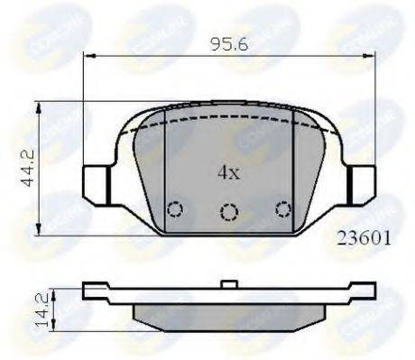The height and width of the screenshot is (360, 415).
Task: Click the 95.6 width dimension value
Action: pos(230,42)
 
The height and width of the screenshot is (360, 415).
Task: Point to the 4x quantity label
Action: pos(226,171)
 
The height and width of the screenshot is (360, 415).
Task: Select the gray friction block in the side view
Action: pos(229,311)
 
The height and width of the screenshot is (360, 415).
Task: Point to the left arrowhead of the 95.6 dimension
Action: pos(88,57)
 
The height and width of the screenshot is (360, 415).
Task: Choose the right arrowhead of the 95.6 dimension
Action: pos(372,57)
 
